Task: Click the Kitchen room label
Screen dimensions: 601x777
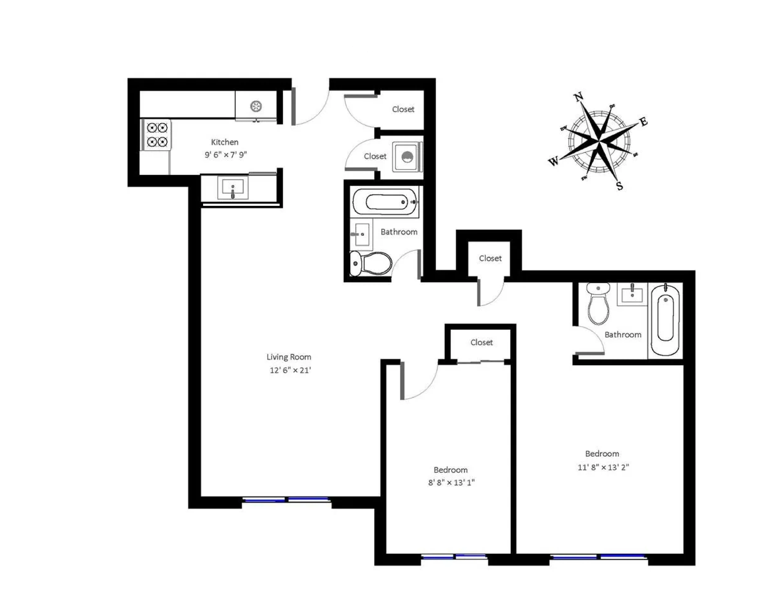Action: [x=225, y=142]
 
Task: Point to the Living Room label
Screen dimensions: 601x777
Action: [x=289, y=357]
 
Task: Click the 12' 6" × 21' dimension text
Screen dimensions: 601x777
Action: [x=290, y=370]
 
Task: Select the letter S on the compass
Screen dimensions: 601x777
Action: [x=619, y=186]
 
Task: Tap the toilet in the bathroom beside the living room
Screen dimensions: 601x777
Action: [x=370, y=263]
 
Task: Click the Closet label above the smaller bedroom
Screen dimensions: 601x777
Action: [x=481, y=342]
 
